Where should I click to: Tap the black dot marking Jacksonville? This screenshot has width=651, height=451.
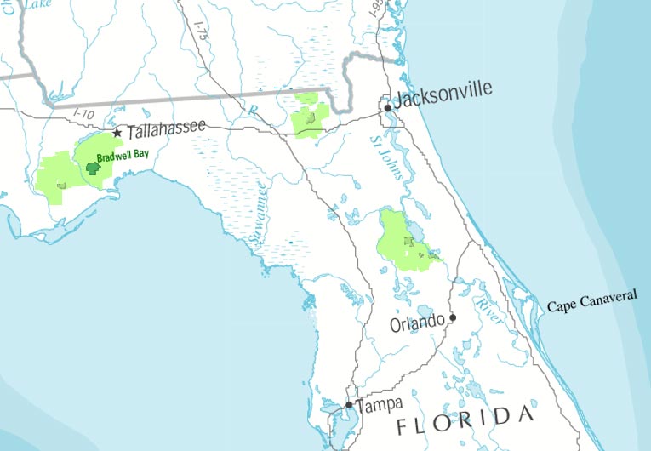(387, 108)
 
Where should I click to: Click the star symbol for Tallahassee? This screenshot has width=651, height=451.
(117, 133)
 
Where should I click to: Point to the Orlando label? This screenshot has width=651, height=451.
(417, 324)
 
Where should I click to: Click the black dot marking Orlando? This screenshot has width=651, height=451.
(453, 317)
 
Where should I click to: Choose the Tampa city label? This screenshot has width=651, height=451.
(379, 405)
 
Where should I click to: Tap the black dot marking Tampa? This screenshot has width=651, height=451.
(349, 405)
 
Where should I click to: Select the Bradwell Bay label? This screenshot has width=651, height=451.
(123, 156)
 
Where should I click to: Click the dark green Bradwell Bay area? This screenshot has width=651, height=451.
(94, 170)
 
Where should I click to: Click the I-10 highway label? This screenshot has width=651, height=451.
(83, 113)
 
